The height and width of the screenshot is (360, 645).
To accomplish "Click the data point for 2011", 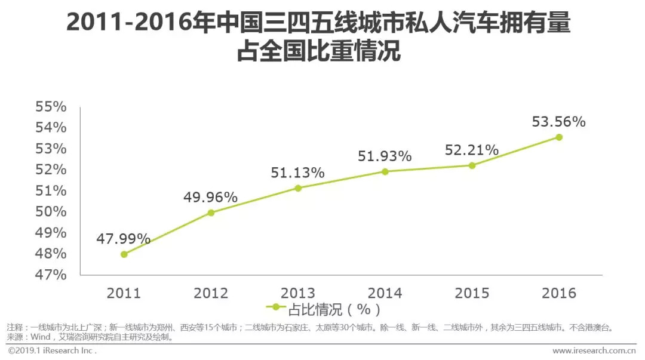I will coord(124,254).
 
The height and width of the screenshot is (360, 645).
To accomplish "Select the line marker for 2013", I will coord(298,188).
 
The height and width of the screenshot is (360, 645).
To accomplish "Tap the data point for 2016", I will coord(559,137).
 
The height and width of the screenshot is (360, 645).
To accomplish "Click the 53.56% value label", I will coord(559,122).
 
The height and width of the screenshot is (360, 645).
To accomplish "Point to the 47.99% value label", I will coord(124,239).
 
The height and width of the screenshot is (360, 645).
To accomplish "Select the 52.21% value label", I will coord(472,150).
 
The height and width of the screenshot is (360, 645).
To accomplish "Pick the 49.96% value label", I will coord(211,197).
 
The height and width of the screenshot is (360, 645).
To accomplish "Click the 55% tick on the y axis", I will coord(51,107).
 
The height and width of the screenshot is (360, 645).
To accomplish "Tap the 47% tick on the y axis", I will coord(51,275).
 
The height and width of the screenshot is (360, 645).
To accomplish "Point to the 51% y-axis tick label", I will coord(51,191).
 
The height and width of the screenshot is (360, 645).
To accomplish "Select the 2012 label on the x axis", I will coord(211,293).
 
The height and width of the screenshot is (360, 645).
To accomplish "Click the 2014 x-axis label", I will coord(385,293).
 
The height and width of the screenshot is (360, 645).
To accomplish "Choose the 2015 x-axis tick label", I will coord(472,293).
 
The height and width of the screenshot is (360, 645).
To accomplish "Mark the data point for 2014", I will coord(385,171).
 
